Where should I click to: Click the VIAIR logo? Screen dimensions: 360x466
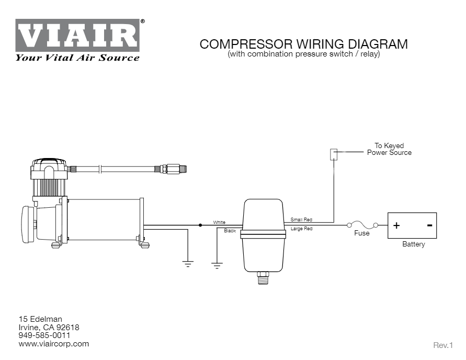[x=77, y=36]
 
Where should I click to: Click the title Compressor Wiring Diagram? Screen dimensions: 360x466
[x=303, y=44]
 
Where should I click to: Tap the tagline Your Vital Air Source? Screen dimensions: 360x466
[x=77, y=58]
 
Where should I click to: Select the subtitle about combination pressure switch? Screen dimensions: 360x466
[x=303, y=54]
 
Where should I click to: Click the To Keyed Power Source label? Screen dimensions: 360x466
[x=389, y=149]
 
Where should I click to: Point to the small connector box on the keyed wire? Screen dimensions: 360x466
[x=333, y=154]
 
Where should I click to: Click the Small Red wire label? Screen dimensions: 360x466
[x=301, y=220]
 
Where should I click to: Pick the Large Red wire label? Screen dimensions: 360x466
[x=301, y=229]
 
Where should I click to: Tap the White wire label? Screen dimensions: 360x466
[x=219, y=222]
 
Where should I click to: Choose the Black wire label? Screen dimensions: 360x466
[x=230, y=230]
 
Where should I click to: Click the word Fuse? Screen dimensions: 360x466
[x=361, y=233]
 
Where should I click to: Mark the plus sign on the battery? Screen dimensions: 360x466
[x=396, y=226]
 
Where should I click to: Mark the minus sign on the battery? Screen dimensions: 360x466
[x=429, y=226]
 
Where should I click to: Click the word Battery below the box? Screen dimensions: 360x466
[x=413, y=244]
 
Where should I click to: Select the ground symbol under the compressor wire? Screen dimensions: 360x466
[x=188, y=264]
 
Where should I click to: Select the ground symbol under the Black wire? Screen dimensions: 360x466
[x=217, y=265]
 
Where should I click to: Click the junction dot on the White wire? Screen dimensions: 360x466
[x=200, y=225]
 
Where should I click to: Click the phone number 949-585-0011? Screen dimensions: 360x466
[x=44, y=335]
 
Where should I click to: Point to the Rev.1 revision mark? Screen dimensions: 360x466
[x=442, y=345]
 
